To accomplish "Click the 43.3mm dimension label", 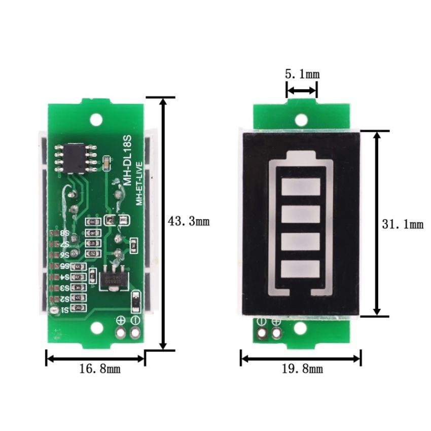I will tap(188, 222).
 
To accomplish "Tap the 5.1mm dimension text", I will tap(302, 74).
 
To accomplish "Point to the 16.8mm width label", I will tap(96, 369).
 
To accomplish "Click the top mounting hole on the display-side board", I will tap(302, 120).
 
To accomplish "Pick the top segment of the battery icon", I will tap(301, 188).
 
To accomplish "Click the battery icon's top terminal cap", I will tap(301, 155).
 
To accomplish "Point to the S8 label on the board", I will tap(65, 233).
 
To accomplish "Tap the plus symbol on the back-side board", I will tap(121, 320).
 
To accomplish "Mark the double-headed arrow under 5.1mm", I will tap(302, 91).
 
